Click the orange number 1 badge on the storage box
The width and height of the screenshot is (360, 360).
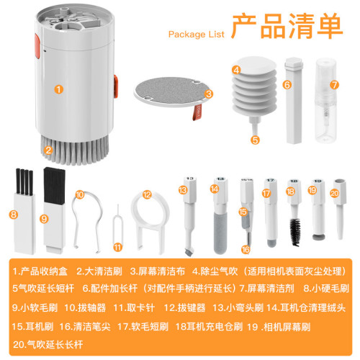(58, 90)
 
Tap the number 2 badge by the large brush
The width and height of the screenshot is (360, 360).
(48, 150)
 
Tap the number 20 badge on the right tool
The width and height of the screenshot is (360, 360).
(333, 192)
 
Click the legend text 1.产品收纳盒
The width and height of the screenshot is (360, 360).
(40, 271)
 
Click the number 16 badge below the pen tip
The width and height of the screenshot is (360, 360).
(246, 249)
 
